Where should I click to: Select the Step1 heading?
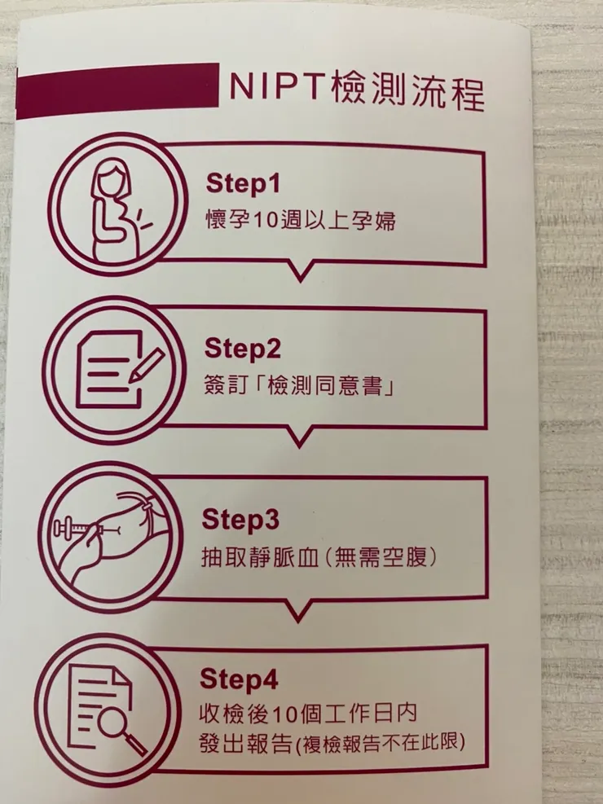(242, 184)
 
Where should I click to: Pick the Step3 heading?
(242, 519)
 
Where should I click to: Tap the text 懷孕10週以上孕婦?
(299, 221)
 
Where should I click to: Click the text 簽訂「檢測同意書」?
(299, 385)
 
